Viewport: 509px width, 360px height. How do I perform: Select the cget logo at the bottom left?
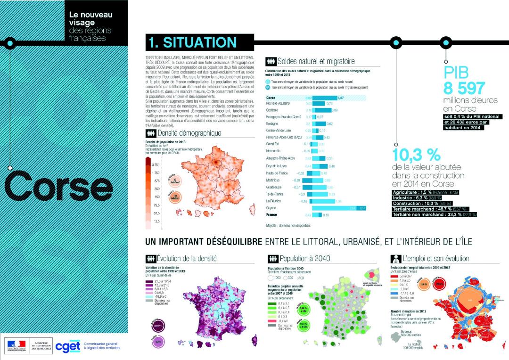coord(67,346)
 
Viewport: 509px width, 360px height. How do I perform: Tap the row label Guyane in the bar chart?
coord(271,207)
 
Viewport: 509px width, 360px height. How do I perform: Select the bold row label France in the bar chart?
coord(272,214)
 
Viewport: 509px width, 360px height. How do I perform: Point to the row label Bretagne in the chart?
coord(273,123)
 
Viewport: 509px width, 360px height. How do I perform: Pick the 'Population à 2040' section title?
coord(305,258)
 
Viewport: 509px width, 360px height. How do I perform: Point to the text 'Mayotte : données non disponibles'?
coord(288,226)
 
